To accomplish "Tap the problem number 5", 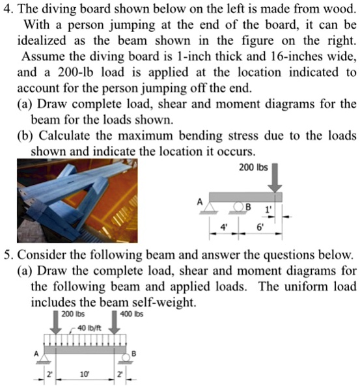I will click(7, 253).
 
